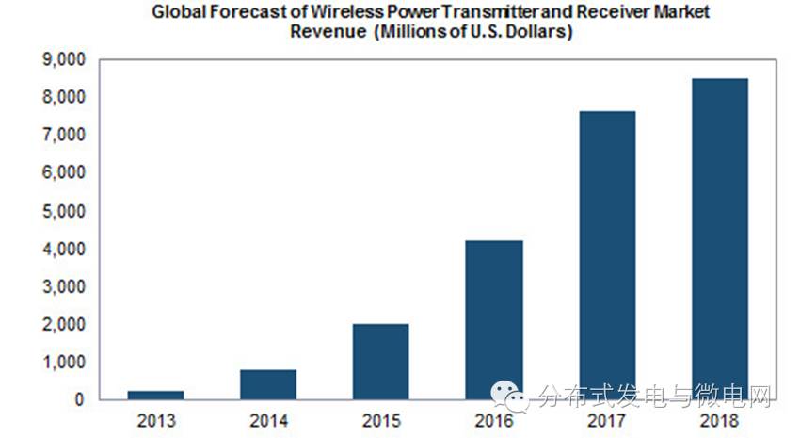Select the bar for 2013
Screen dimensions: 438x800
pos(155,395)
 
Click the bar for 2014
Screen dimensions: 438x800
pos(268,384)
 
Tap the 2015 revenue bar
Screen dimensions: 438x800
pos(381,362)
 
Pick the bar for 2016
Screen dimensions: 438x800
pos(494,320)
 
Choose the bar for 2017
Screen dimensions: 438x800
pos(607,255)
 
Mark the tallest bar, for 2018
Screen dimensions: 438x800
pos(720,239)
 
